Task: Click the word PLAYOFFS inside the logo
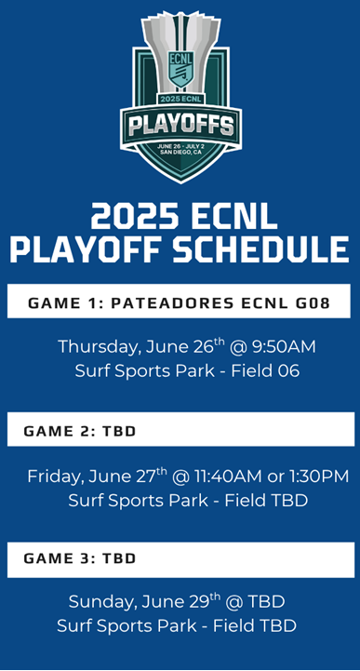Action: (x=180, y=125)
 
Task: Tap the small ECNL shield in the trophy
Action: (x=180, y=66)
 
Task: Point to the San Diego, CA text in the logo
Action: (x=180, y=153)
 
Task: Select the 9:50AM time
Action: (x=285, y=347)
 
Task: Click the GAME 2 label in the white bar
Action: (x=54, y=432)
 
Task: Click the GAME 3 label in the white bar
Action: (x=54, y=558)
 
